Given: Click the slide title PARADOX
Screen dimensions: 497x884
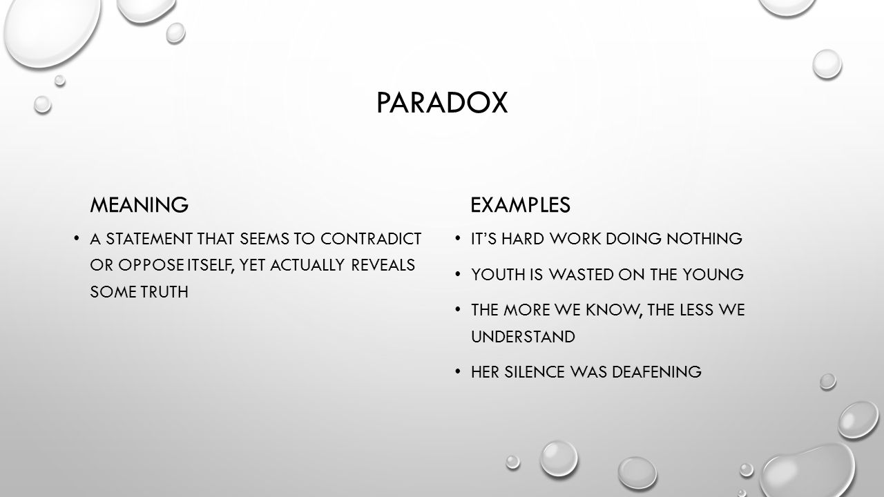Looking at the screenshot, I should tap(442, 104).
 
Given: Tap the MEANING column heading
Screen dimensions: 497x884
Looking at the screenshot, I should tap(139, 204).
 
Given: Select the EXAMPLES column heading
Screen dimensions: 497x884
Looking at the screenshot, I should tap(520, 204).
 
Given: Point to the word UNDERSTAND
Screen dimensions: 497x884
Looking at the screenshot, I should tap(523, 337).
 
